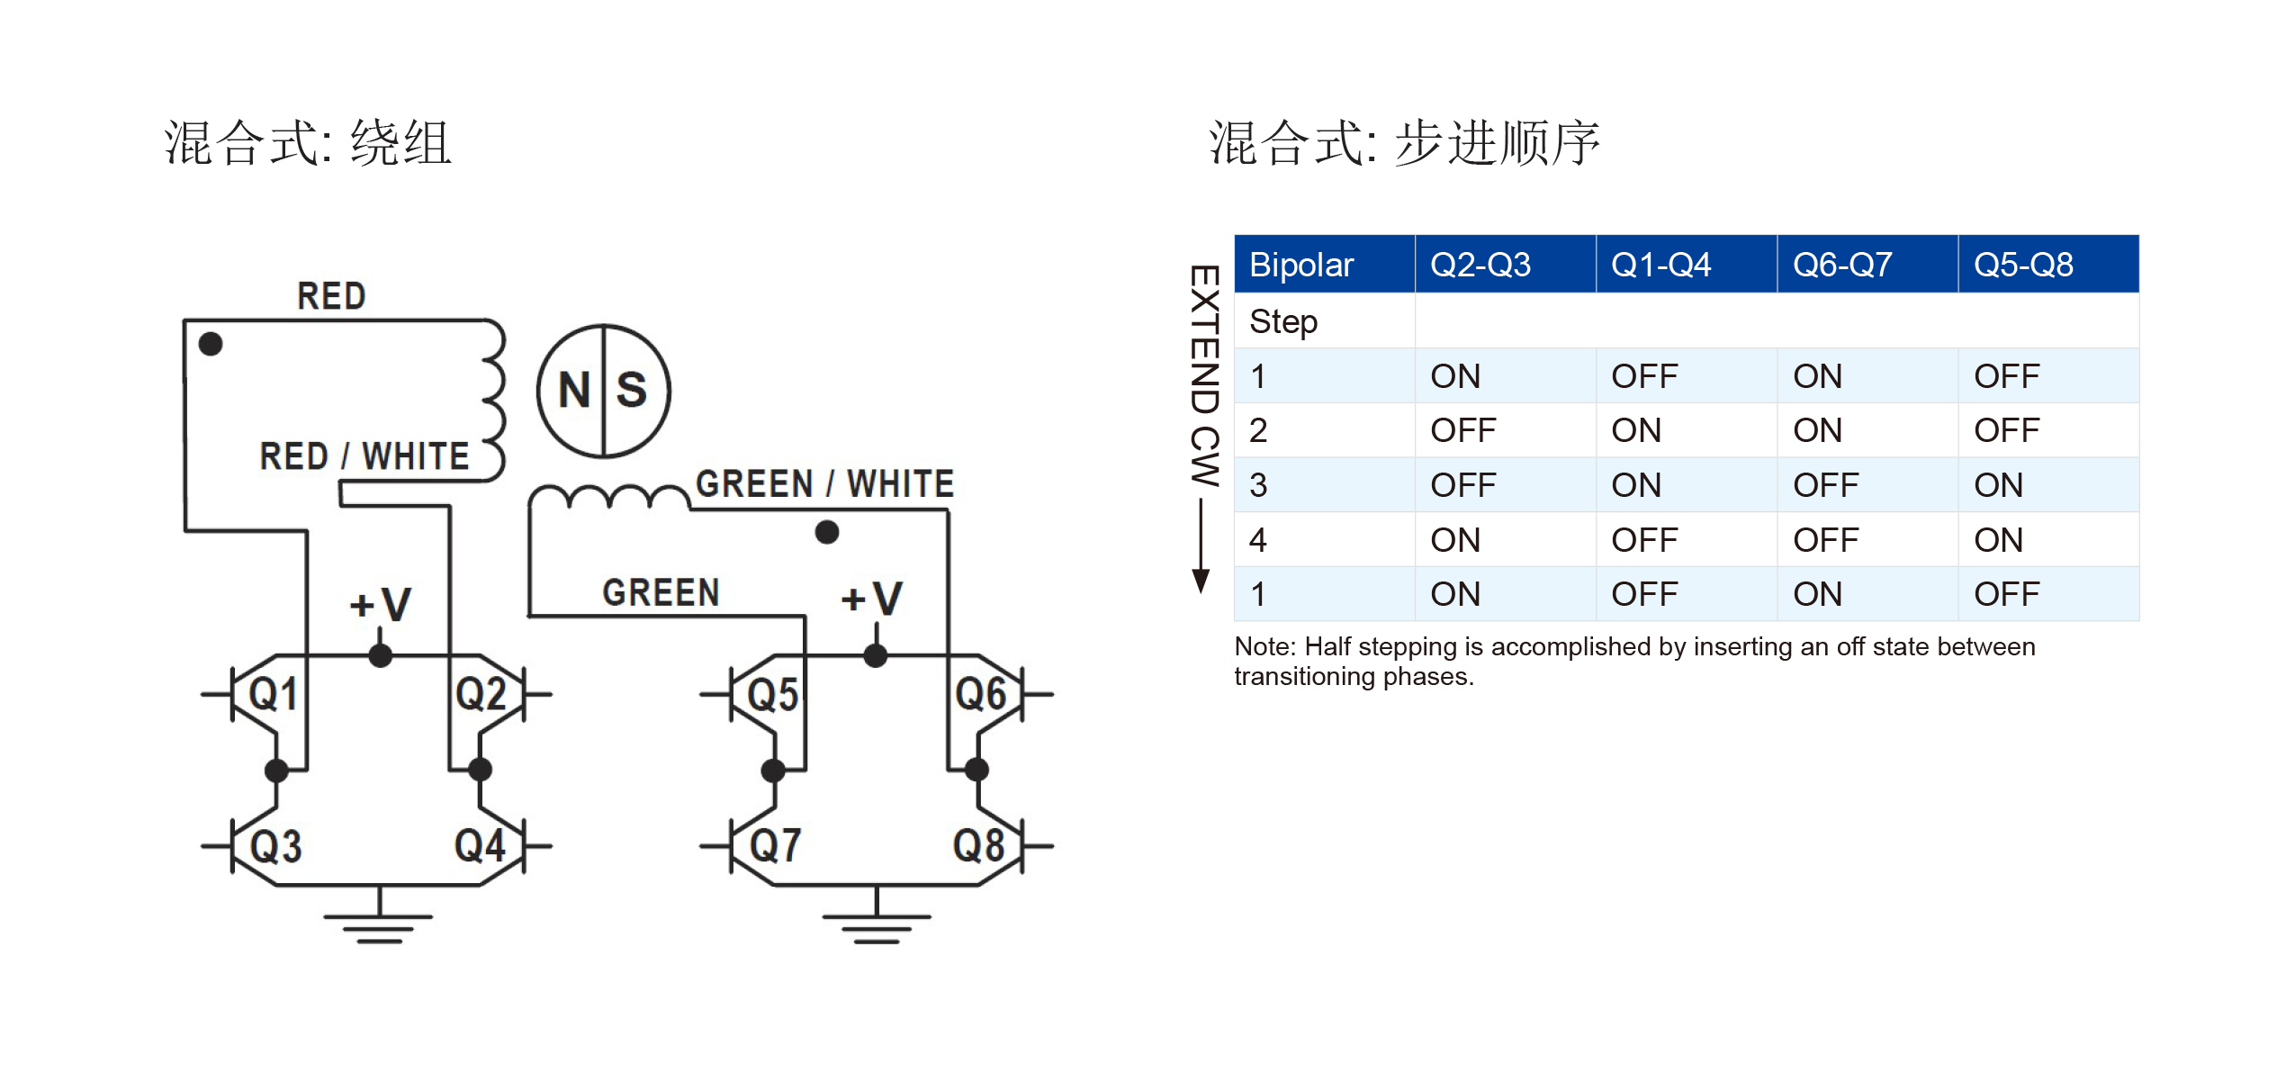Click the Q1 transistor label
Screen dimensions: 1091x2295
coord(272,694)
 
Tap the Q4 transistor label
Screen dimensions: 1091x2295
coord(479,846)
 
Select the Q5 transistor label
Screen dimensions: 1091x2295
coord(772,695)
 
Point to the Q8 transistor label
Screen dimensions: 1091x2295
coord(978,846)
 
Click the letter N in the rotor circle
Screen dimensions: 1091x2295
coord(574,391)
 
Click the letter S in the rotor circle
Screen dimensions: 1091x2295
coord(631,391)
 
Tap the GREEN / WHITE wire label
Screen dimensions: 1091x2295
coord(824,484)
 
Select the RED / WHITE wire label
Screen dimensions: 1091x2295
coord(364,456)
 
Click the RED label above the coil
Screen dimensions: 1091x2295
coord(331,296)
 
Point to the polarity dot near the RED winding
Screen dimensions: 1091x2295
coord(211,344)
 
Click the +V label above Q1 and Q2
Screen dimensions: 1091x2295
coord(380,604)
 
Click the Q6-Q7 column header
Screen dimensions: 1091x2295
coord(1841,265)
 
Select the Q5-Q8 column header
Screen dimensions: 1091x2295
coord(2022,265)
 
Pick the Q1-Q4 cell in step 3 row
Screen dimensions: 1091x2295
coord(1636,485)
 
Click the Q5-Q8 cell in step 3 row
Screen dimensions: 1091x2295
coord(1998,485)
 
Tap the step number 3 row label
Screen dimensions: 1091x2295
coord(1258,485)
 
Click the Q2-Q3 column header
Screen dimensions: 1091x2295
coord(1480,265)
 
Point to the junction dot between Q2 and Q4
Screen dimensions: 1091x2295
coord(481,770)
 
